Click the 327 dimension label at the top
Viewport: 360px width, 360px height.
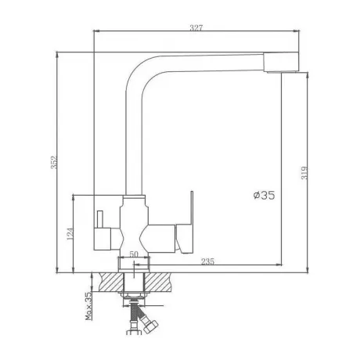196,27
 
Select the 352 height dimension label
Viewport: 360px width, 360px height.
54,162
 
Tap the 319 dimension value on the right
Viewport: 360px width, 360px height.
304,173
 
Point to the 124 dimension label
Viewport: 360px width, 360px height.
70,234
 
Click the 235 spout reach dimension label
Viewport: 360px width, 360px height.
207,261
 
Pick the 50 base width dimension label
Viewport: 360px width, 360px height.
134,254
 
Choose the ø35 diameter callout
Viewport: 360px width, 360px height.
264,195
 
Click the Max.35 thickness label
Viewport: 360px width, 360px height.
88,306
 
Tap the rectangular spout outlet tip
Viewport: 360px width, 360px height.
281,63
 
